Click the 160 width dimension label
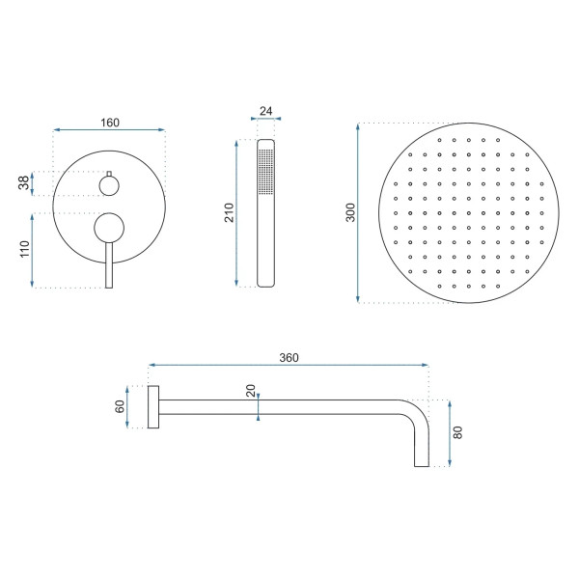tap(109, 122)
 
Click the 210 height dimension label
tap(229, 213)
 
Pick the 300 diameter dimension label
tap(350, 213)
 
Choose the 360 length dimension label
tap(288, 357)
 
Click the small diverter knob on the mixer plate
tap(109, 183)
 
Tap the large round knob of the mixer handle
tap(109, 228)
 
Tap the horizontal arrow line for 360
tap(288, 366)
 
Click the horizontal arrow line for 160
tap(109, 129)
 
